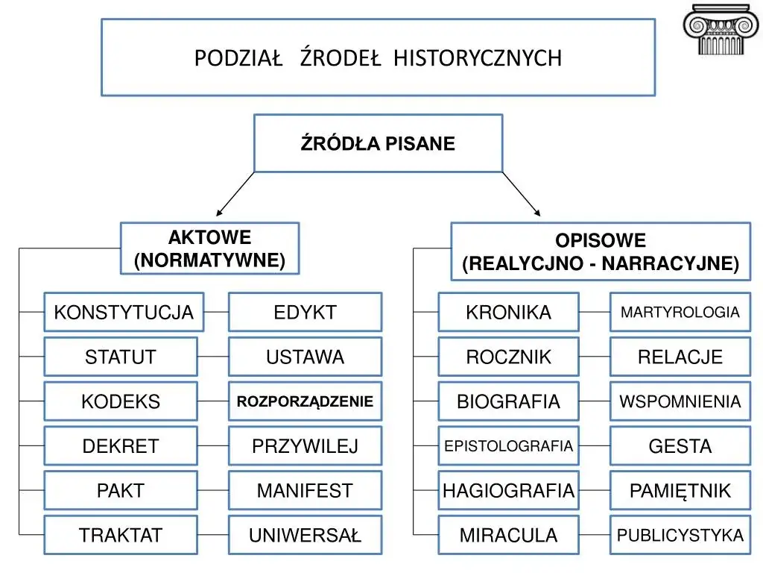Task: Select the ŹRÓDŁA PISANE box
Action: [x=378, y=143]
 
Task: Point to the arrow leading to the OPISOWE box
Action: [x=522, y=194]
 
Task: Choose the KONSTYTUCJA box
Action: [x=124, y=313]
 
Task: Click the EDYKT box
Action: [x=305, y=313]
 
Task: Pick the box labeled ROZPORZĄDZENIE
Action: [x=305, y=401]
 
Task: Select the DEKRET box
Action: [x=121, y=446]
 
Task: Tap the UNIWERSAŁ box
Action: [x=305, y=535]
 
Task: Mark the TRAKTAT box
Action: [x=121, y=535]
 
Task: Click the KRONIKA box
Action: [x=508, y=313]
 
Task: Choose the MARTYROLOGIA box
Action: [x=680, y=313]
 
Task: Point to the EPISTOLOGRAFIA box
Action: [x=508, y=446]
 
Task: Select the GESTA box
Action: [x=680, y=446]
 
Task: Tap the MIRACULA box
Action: [x=508, y=535]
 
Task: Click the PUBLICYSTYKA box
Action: [x=680, y=535]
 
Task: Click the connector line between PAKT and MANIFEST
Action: [x=213, y=490]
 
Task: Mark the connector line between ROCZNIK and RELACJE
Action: [x=595, y=357]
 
